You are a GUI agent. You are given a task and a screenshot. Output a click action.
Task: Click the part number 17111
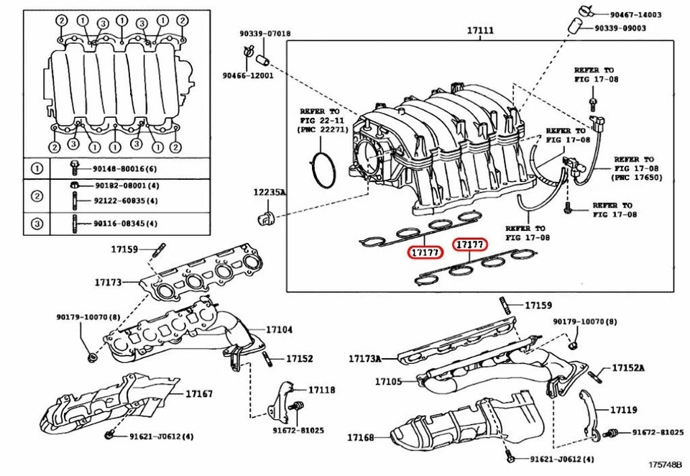pos(480,31)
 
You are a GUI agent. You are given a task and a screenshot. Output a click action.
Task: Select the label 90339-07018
pos(266,33)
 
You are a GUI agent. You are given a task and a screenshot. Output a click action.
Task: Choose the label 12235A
pos(269,193)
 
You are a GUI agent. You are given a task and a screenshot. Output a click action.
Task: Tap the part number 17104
pos(280,330)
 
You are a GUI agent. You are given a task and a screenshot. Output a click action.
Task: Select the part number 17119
pos(624,409)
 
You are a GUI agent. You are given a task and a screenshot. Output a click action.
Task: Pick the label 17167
pos(199,393)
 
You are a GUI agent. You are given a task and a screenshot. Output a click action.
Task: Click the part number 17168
pos(362,437)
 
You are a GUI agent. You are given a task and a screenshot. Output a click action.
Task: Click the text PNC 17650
pos(632,176)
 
